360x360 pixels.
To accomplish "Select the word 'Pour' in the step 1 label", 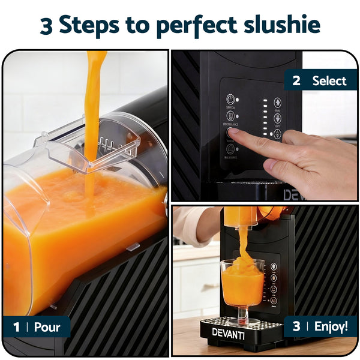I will pyautogui.click(x=47, y=328).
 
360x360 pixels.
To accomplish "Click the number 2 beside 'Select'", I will pyautogui.click(x=296, y=80).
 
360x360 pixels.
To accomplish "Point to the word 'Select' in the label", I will pyautogui.click(x=329, y=80).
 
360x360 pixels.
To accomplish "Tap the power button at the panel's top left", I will pyautogui.click(x=230, y=99).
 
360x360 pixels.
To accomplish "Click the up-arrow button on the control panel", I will pyautogui.click(x=277, y=103).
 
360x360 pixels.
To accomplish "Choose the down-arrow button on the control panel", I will pyautogui.click(x=277, y=134).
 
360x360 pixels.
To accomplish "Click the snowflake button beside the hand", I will pyautogui.click(x=277, y=118).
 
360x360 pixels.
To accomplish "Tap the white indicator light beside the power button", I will pyautogui.click(x=238, y=100).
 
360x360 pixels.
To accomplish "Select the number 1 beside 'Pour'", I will pyautogui.click(x=17, y=328).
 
